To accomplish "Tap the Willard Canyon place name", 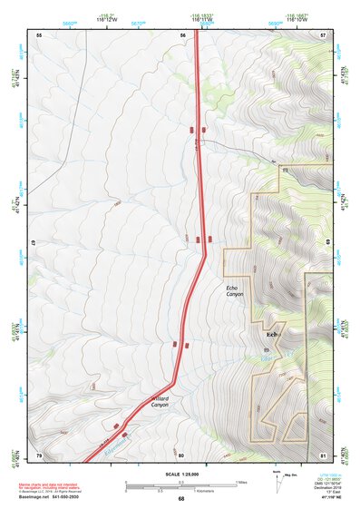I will [x=161, y=402].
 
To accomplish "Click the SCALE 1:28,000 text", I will [x=181, y=475].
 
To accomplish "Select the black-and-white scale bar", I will [x=180, y=485].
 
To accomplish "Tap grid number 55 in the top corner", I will [x=39, y=34].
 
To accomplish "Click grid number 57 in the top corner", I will [x=324, y=34].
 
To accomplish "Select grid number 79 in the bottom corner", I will [x=39, y=455].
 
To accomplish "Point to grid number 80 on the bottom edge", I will [x=181, y=455].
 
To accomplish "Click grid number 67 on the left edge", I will [x=34, y=244].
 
